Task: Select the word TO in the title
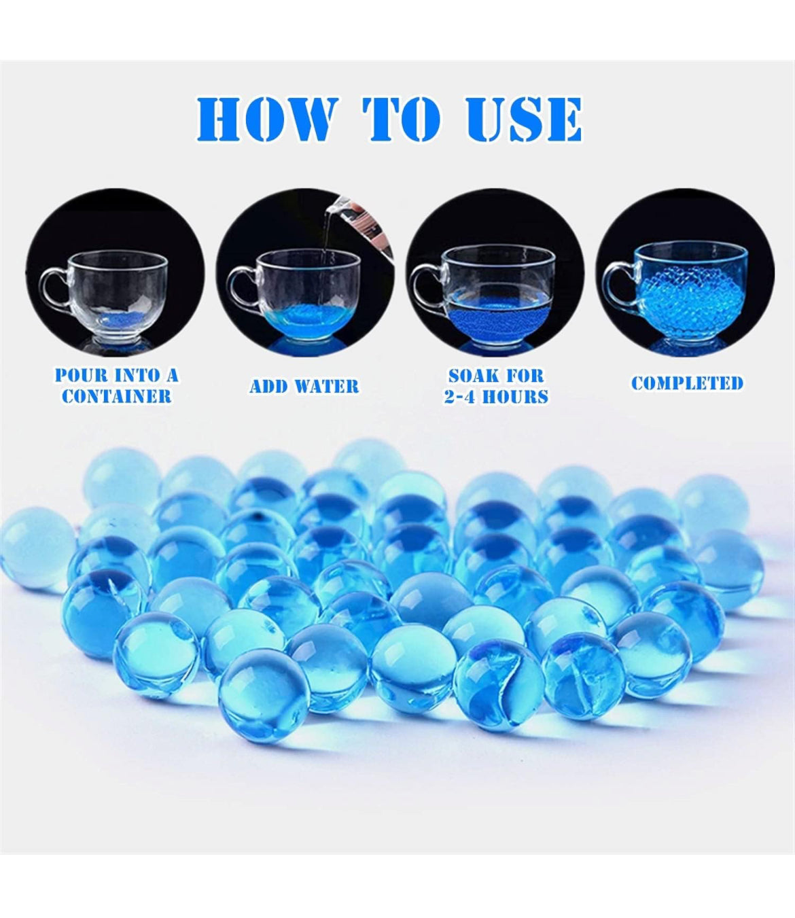pyautogui.click(x=401, y=120)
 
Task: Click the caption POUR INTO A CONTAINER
pyautogui.click(x=116, y=385)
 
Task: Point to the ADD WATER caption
pyautogui.click(x=304, y=387)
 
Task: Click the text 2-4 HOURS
pyautogui.click(x=496, y=396)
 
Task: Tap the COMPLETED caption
pyautogui.click(x=687, y=383)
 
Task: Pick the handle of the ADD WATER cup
pyautogui.click(x=241, y=285)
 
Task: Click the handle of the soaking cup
pyautogui.click(x=424, y=285)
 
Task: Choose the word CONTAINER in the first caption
pyautogui.click(x=116, y=396)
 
